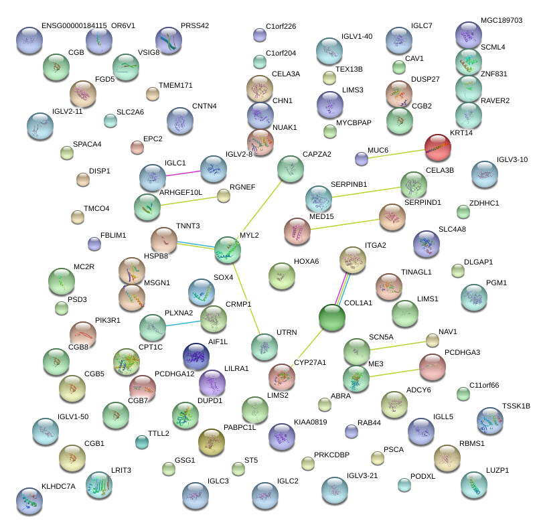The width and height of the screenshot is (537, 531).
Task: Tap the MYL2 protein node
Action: (228, 250)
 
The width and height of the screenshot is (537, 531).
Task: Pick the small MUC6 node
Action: (362, 159)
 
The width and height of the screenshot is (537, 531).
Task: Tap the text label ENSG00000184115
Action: (74, 26)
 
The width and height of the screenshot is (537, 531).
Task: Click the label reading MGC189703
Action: (502, 21)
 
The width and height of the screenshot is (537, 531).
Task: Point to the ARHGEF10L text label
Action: (181, 193)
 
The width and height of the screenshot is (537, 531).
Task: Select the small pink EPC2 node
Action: (137, 147)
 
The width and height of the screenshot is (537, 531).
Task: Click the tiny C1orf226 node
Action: (260, 35)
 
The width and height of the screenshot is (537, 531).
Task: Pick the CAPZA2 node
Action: (290, 169)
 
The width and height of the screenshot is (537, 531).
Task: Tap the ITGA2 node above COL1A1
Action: (352, 260)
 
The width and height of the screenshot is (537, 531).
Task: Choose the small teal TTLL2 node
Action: (142, 441)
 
